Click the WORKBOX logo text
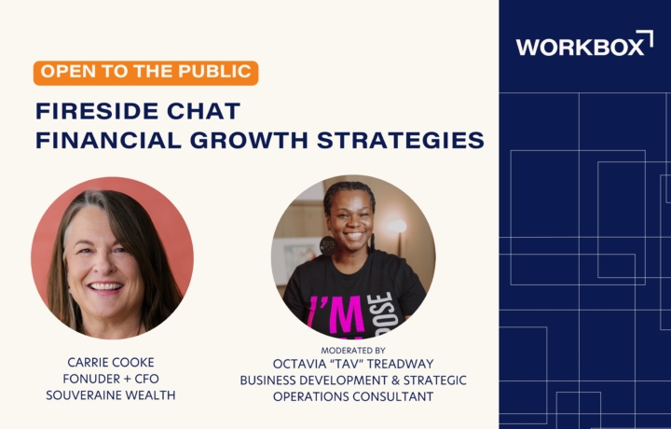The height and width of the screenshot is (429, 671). click(580, 47)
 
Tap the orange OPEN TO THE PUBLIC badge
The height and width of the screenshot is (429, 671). click(146, 73)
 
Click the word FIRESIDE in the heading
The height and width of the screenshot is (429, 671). click(97, 111)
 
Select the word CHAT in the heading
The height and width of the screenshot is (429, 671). click(203, 111)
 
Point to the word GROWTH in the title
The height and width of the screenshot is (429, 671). click(249, 141)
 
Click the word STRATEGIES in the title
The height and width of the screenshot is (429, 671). click(401, 141)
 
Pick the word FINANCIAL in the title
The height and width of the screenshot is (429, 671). click(109, 141)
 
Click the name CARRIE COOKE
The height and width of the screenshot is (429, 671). click(111, 362)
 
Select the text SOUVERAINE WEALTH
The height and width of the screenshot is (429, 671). click(111, 395)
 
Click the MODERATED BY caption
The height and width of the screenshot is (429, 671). click(353, 351)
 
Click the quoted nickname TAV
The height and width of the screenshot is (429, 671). click(341, 364)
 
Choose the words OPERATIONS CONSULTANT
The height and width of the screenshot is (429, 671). click(353, 396)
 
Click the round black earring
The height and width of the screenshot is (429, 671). click(328, 245)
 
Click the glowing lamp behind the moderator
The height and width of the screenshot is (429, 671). click(397, 226)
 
